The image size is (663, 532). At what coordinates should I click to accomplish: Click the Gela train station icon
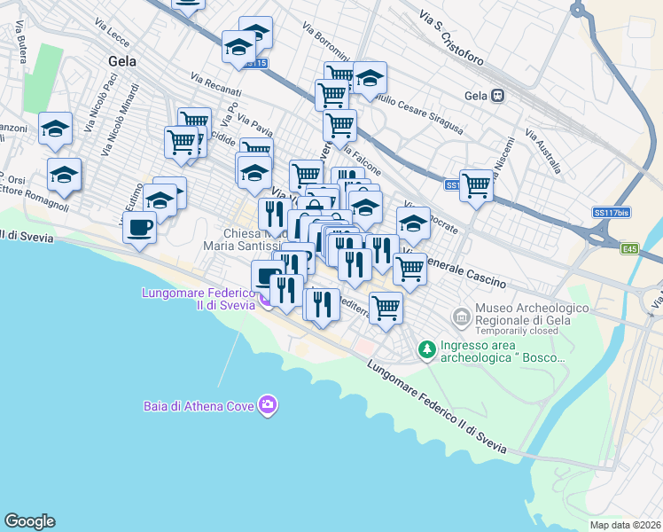499,96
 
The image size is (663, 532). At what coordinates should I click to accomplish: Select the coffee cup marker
138,229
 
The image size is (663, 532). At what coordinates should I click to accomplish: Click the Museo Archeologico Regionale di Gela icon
460,317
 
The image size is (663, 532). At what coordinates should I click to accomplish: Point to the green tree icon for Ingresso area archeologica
427,350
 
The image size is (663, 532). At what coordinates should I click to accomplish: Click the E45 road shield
629,249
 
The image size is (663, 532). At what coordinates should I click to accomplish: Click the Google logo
29,521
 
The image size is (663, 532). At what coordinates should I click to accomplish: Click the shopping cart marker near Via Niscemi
476,185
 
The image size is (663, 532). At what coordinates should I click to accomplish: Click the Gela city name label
121,62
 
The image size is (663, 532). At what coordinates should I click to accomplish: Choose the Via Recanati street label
216,85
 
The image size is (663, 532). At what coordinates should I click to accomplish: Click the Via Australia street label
542,151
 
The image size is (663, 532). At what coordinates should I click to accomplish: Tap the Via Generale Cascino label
454,270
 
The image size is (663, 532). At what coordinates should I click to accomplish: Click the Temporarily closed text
517,330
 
